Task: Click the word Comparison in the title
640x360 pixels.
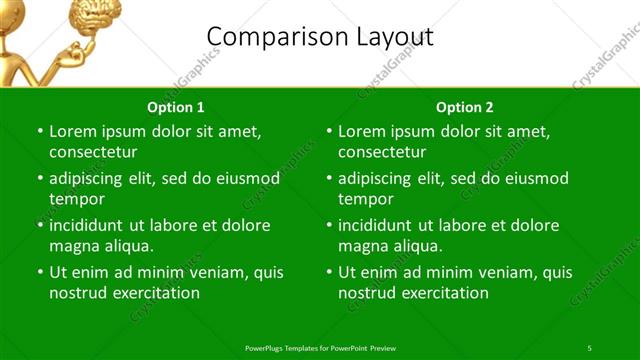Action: pos(271,37)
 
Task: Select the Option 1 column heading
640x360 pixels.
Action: pos(176,107)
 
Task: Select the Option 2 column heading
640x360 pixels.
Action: pos(465,107)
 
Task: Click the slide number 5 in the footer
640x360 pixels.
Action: pos(589,347)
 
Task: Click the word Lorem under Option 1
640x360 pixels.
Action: pos(72,131)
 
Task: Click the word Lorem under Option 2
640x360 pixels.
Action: pos(361,131)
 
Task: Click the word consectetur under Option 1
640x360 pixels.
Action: pos(93,152)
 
